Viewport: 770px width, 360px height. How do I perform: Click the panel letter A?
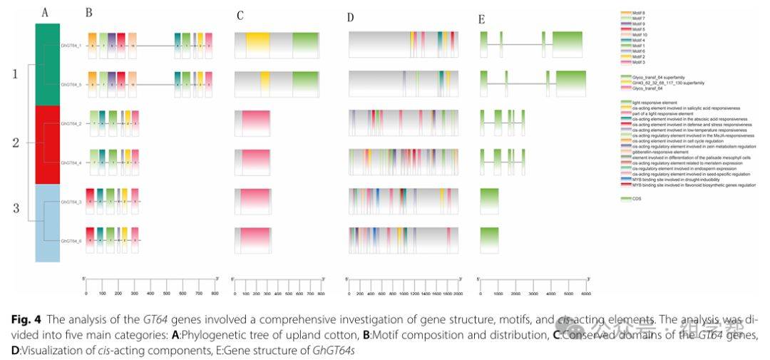click(46, 13)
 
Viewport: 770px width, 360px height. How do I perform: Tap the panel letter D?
click(350, 17)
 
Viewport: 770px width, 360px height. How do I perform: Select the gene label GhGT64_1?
click(71, 46)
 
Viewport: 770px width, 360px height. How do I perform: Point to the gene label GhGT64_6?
click(71, 241)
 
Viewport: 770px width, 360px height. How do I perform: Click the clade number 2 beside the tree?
click(15, 142)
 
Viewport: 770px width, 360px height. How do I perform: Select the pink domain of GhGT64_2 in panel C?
click(255, 123)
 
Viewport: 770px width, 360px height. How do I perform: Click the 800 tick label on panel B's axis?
click(217, 292)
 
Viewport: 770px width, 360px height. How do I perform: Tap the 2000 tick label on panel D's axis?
click(458, 292)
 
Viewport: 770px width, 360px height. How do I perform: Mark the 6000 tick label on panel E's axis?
click(586, 292)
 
